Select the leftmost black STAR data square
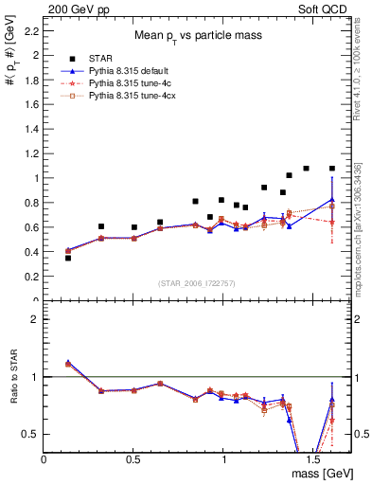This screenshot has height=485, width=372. [68, 258]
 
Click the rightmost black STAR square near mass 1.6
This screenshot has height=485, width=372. [331, 169]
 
